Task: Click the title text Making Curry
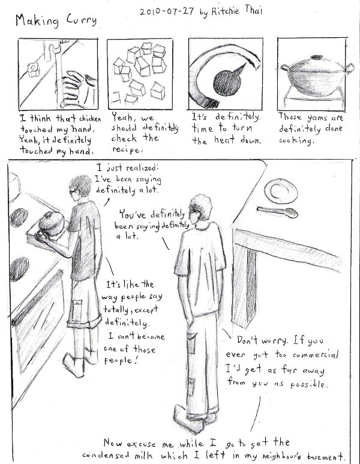coord(56,21)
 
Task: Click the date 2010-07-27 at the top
coord(167,11)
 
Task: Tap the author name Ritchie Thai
coord(236,11)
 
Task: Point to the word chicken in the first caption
coord(90,119)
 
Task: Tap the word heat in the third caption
coord(224,139)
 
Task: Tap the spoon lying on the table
coord(277,212)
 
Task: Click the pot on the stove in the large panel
coord(50,223)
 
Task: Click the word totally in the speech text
coord(116,309)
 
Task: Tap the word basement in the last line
coord(325,456)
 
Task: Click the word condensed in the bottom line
coord(106,455)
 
